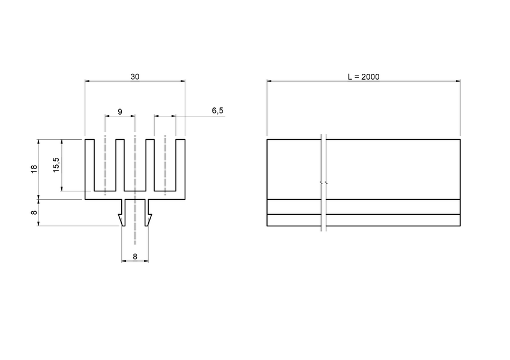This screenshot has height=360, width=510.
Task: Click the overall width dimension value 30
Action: [x=134, y=76]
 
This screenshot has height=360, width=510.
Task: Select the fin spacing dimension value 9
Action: [x=120, y=112]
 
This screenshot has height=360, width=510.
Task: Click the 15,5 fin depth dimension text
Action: [x=56, y=165]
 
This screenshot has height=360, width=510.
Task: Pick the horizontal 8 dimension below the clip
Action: [x=135, y=256]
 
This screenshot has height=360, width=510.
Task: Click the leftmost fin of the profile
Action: [x=89, y=165]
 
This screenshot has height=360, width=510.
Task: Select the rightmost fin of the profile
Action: [x=181, y=165]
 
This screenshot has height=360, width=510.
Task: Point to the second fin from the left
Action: [x=120, y=165]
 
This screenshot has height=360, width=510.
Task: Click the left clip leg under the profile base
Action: [x=123, y=213]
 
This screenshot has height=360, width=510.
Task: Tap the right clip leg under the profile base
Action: [x=147, y=213]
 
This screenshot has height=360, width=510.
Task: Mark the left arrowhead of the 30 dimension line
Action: [x=88, y=80]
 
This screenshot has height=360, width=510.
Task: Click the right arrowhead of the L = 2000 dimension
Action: [x=458, y=80]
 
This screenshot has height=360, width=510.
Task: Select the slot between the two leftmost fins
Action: [x=104, y=168]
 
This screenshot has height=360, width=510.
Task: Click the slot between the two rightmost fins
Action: [x=166, y=168]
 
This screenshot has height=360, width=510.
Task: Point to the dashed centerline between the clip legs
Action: [x=135, y=222]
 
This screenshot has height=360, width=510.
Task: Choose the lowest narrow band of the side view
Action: [x=364, y=220]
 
